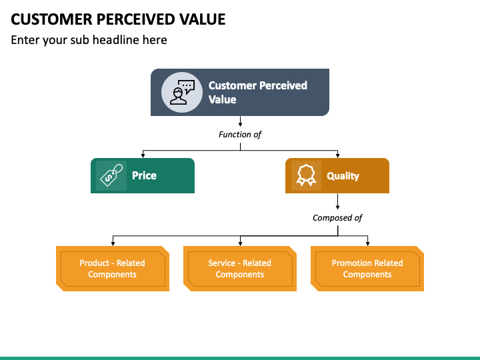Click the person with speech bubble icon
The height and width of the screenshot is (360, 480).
coord(182,93)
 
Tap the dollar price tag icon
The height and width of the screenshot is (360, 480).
coord(111,175)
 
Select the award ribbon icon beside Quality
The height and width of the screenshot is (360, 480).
coord(306,175)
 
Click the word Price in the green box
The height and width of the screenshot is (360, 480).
coord(144,175)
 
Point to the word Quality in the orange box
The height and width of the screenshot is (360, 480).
coord(343,176)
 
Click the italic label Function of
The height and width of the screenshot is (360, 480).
coord(240,135)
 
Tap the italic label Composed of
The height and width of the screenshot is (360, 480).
coord(337,217)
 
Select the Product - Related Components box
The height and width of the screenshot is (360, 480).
coord(113,269)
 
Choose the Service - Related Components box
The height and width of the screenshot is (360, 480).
coord(240,269)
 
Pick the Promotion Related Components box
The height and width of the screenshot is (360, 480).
coord(367,269)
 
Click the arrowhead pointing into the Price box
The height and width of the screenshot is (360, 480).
coord(143,156)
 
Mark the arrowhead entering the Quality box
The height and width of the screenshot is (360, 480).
coord(337,156)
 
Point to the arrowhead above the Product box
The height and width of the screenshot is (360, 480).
coord(113,244)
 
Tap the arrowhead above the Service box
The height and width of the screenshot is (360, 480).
coord(240,244)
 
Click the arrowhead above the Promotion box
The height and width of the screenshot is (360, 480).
coord(367,244)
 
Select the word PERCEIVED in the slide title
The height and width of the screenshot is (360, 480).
coord(136,19)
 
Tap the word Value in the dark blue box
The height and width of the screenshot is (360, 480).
coord(222,99)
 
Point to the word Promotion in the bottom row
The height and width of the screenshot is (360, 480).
coord(349,263)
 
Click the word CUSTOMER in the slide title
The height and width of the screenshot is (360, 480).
coord(51,19)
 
